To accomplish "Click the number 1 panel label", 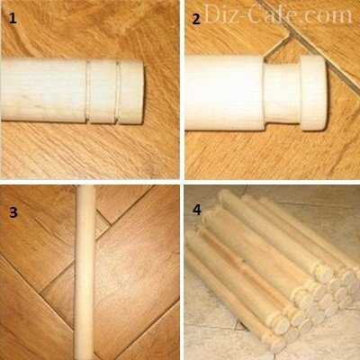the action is coord(13,19).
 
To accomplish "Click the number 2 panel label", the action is coord(196,20).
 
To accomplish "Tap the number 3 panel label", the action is coord(13,212).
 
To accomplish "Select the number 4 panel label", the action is coord(197,210).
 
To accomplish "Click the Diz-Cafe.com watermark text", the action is coord(278,14).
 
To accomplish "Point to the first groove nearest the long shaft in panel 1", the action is coord(88,92).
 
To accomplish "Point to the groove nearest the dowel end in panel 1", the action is coord(118,92).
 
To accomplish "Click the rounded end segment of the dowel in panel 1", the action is coord(131,93).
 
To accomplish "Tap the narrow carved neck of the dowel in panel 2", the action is coord(282,93).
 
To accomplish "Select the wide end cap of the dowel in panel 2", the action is coord(313,93).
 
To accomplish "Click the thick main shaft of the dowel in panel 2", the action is coord(224,93).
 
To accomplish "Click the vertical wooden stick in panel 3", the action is coord(85,273).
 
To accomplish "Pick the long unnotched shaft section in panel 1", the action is coord(44,90).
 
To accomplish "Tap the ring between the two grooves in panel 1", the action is coord(103,92).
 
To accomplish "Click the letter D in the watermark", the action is coord(212,14).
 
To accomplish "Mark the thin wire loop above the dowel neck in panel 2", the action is coord(277,49).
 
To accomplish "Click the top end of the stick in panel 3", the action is coord(85,186).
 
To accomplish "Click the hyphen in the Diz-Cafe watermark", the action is coord(244,16).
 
